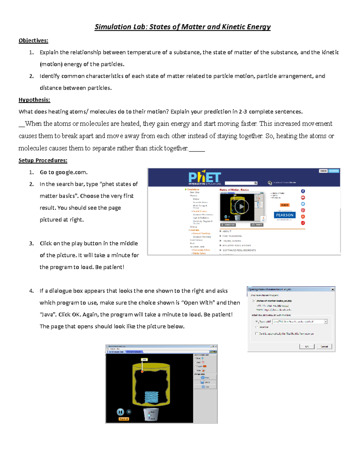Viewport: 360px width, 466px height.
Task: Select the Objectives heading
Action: click(33, 41)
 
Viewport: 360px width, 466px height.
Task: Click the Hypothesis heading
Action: click(34, 100)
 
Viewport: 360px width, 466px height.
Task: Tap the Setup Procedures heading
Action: click(43, 161)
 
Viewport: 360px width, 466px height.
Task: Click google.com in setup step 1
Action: click(71, 172)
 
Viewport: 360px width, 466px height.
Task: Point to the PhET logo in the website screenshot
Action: click(205, 178)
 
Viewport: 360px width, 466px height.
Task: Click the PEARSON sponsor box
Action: click(285, 215)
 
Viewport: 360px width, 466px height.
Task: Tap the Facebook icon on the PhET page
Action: click(303, 191)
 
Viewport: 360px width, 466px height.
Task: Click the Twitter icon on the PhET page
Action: click(303, 204)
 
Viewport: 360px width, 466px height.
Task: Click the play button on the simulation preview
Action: click(241, 206)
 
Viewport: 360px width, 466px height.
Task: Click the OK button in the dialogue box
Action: click(307, 346)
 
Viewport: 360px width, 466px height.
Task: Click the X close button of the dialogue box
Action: click(332, 289)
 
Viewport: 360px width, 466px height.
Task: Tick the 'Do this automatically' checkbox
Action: click(256, 333)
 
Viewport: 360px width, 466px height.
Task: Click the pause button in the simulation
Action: click(120, 412)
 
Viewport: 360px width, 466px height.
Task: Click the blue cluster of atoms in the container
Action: click(151, 397)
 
